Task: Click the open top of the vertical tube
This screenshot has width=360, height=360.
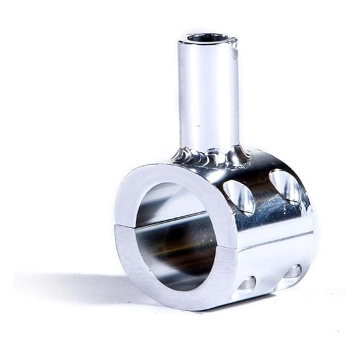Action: click(207, 38)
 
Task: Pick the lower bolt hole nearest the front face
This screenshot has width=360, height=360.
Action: click(245, 284)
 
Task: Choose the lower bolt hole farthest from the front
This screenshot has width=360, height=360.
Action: click(292, 272)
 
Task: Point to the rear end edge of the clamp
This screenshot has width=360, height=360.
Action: click(309, 231)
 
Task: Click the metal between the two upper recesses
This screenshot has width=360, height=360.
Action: click(262, 191)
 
